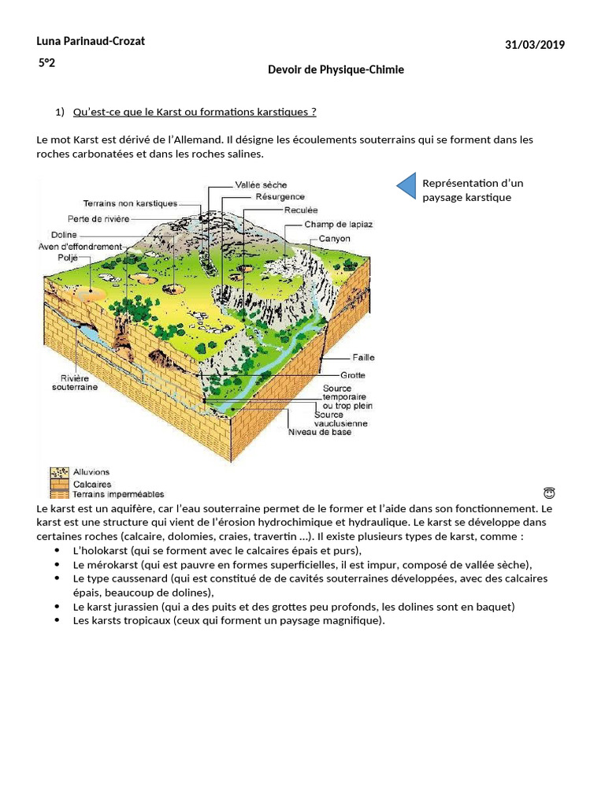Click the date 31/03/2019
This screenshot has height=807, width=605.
[535, 45]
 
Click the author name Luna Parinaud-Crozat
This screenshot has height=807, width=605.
[91, 41]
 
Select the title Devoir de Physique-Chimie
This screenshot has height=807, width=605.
[336, 69]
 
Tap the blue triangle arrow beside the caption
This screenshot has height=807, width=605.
[406, 186]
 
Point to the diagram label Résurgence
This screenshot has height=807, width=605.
[280, 196]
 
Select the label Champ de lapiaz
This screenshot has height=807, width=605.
[338, 225]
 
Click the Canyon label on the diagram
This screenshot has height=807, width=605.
[334, 239]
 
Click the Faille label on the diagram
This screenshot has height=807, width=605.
[363, 357]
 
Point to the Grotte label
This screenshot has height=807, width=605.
[352, 375]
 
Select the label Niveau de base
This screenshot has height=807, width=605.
[320, 432]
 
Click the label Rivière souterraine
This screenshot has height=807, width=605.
[75, 382]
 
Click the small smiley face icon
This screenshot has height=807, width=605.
[549, 493]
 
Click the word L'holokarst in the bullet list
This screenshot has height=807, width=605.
[98, 550]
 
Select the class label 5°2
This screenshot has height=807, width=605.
[46, 63]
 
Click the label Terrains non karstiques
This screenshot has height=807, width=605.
[130, 203]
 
